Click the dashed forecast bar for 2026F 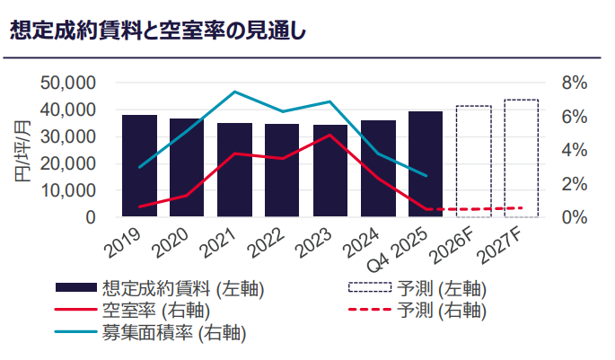pyautogui.click(x=473, y=162)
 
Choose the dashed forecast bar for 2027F pyautogui.click(x=521, y=159)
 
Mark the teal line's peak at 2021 pyautogui.click(x=234, y=92)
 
